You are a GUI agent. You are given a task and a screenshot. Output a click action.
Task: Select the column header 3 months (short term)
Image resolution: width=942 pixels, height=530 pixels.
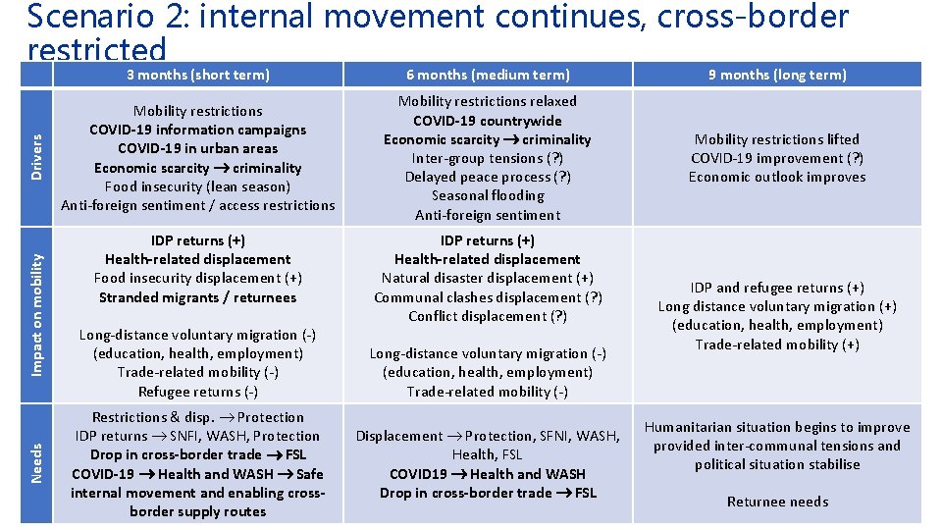click(x=198, y=75)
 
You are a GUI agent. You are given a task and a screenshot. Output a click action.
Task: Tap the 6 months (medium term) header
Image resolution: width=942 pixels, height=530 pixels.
click(x=488, y=75)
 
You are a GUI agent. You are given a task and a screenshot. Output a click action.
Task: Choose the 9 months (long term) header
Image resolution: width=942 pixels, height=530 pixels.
click(x=777, y=75)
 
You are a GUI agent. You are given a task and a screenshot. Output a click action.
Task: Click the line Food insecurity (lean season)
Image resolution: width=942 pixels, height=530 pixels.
click(x=198, y=186)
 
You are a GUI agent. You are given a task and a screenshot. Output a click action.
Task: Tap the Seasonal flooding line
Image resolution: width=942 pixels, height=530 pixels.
click(x=488, y=195)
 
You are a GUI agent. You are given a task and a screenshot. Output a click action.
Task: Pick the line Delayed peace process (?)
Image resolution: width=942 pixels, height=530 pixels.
click(x=488, y=177)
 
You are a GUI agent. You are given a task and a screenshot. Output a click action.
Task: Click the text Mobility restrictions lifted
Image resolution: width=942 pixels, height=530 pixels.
click(x=777, y=139)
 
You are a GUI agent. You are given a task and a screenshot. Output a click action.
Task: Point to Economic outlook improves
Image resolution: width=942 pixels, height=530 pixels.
click(x=777, y=177)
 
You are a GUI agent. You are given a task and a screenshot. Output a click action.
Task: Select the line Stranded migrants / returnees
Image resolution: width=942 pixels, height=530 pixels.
click(x=198, y=297)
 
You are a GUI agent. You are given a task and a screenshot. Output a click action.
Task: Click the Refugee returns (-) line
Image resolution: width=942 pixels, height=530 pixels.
click(x=198, y=391)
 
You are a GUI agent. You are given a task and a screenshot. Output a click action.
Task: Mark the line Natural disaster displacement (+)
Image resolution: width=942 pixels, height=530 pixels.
click(x=488, y=279)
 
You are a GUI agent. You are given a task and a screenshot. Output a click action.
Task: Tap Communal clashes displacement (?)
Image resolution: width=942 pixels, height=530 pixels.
click(x=488, y=297)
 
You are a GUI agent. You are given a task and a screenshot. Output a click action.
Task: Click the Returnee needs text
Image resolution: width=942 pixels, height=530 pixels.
click(x=777, y=502)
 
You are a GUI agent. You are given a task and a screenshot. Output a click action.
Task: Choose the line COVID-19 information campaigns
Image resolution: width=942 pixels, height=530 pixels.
click(x=198, y=130)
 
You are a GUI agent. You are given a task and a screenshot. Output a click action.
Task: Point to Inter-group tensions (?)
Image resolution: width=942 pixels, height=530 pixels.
click(x=488, y=158)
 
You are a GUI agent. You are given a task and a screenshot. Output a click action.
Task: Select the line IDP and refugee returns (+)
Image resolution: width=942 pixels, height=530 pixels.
click(x=777, y=288)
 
